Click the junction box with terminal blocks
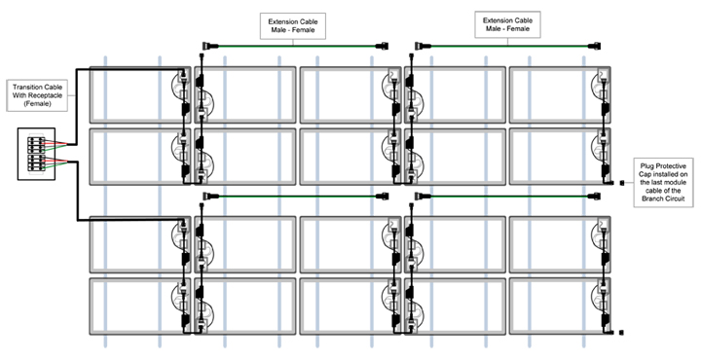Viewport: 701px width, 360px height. [36, 154]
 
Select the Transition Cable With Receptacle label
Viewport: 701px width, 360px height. [37, 95]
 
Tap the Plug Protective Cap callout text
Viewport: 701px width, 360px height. [663, 182]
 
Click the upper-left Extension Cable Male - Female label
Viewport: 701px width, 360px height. [293, 26]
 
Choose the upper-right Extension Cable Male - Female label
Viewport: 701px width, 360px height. [507, 24]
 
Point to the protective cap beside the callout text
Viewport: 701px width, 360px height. [622, 183]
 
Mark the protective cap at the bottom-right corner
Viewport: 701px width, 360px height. [621, 333]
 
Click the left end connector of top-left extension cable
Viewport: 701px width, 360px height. [210, 46]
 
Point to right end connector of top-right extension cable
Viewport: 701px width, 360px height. [595, 46]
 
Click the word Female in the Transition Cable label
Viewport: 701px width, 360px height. [38, 104]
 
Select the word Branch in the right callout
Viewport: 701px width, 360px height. [652, 198]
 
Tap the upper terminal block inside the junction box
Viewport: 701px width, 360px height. [36, 145]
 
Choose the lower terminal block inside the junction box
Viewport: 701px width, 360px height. [36, 162]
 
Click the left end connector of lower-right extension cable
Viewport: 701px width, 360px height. [423, 197]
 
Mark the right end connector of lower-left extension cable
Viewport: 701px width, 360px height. [383, 197]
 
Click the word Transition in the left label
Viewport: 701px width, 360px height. [26, 88]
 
